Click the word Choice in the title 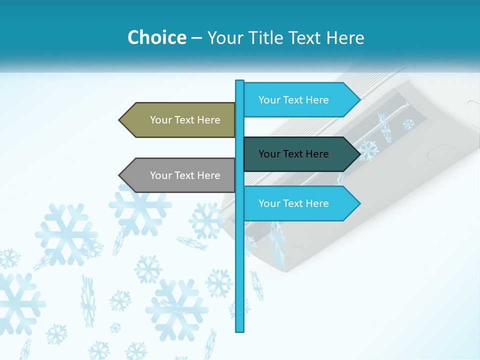coord(156,37)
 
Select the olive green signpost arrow coord(180,120)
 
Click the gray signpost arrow coord(180,175)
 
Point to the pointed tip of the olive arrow coord(120,120)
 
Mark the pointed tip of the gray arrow coord(120,175)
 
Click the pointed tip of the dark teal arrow coord(358,154)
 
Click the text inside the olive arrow coord(185,120)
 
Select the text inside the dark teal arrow coord(293,154)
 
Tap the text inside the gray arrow coord(185,175)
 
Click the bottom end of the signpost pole coord(239,329)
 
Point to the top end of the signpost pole coord(239,82)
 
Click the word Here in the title coord(345,37)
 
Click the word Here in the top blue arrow coord(317,100)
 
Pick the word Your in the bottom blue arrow coord(268,203)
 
